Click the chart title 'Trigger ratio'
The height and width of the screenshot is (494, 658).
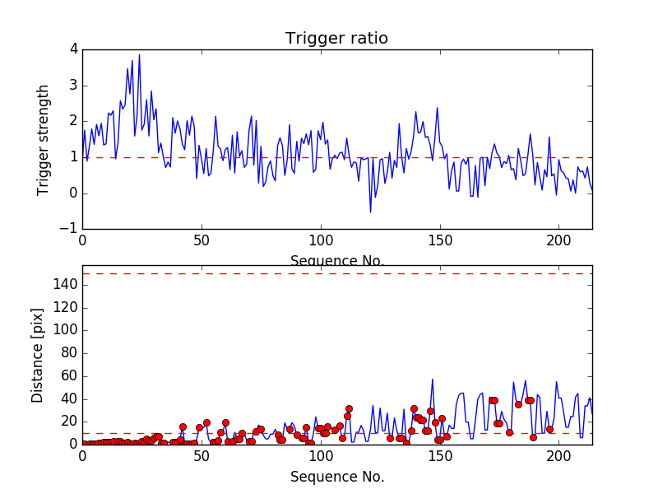[336, 39]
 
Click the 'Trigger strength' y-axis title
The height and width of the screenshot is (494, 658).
[44, 139]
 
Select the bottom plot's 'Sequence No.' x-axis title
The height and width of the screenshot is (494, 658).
[337, 477]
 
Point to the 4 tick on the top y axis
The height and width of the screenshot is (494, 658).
[73, 49]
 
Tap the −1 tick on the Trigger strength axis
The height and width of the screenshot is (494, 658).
[71, 229]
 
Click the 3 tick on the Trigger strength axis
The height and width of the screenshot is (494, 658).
[73, 86]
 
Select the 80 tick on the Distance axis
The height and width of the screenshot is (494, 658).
[69, 353]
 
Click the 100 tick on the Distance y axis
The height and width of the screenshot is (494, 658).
[66, 330]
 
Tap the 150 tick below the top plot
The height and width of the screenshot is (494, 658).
[439, 241]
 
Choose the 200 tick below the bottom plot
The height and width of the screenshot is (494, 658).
[558, 455]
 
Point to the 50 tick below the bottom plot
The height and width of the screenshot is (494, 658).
[202, 455]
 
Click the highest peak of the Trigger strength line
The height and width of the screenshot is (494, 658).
[139, 54]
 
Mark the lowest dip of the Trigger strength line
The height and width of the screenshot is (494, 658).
[370, 212]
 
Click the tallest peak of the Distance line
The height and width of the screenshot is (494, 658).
[433, 380]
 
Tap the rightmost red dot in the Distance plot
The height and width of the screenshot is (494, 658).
[549, 429]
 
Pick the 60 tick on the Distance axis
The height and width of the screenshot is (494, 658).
[69, 376]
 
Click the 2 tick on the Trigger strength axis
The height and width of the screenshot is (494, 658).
[73, 121]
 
